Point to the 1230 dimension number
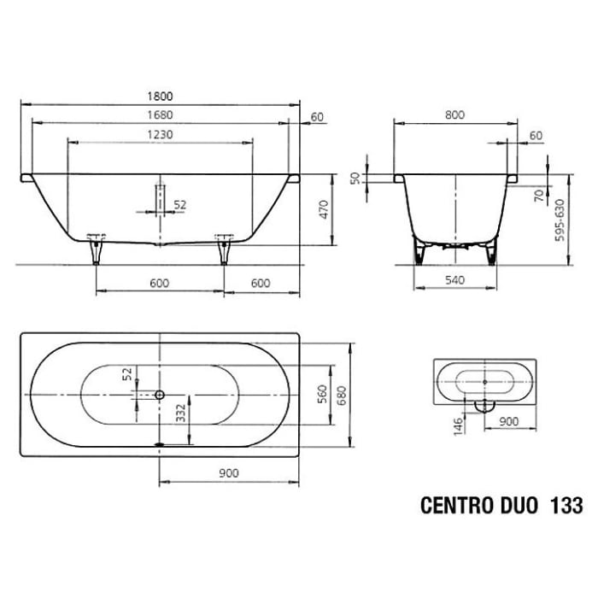pos(159,135)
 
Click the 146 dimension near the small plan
pos(459,425)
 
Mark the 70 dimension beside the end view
pos(538,196)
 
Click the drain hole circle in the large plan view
pos(158,396)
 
